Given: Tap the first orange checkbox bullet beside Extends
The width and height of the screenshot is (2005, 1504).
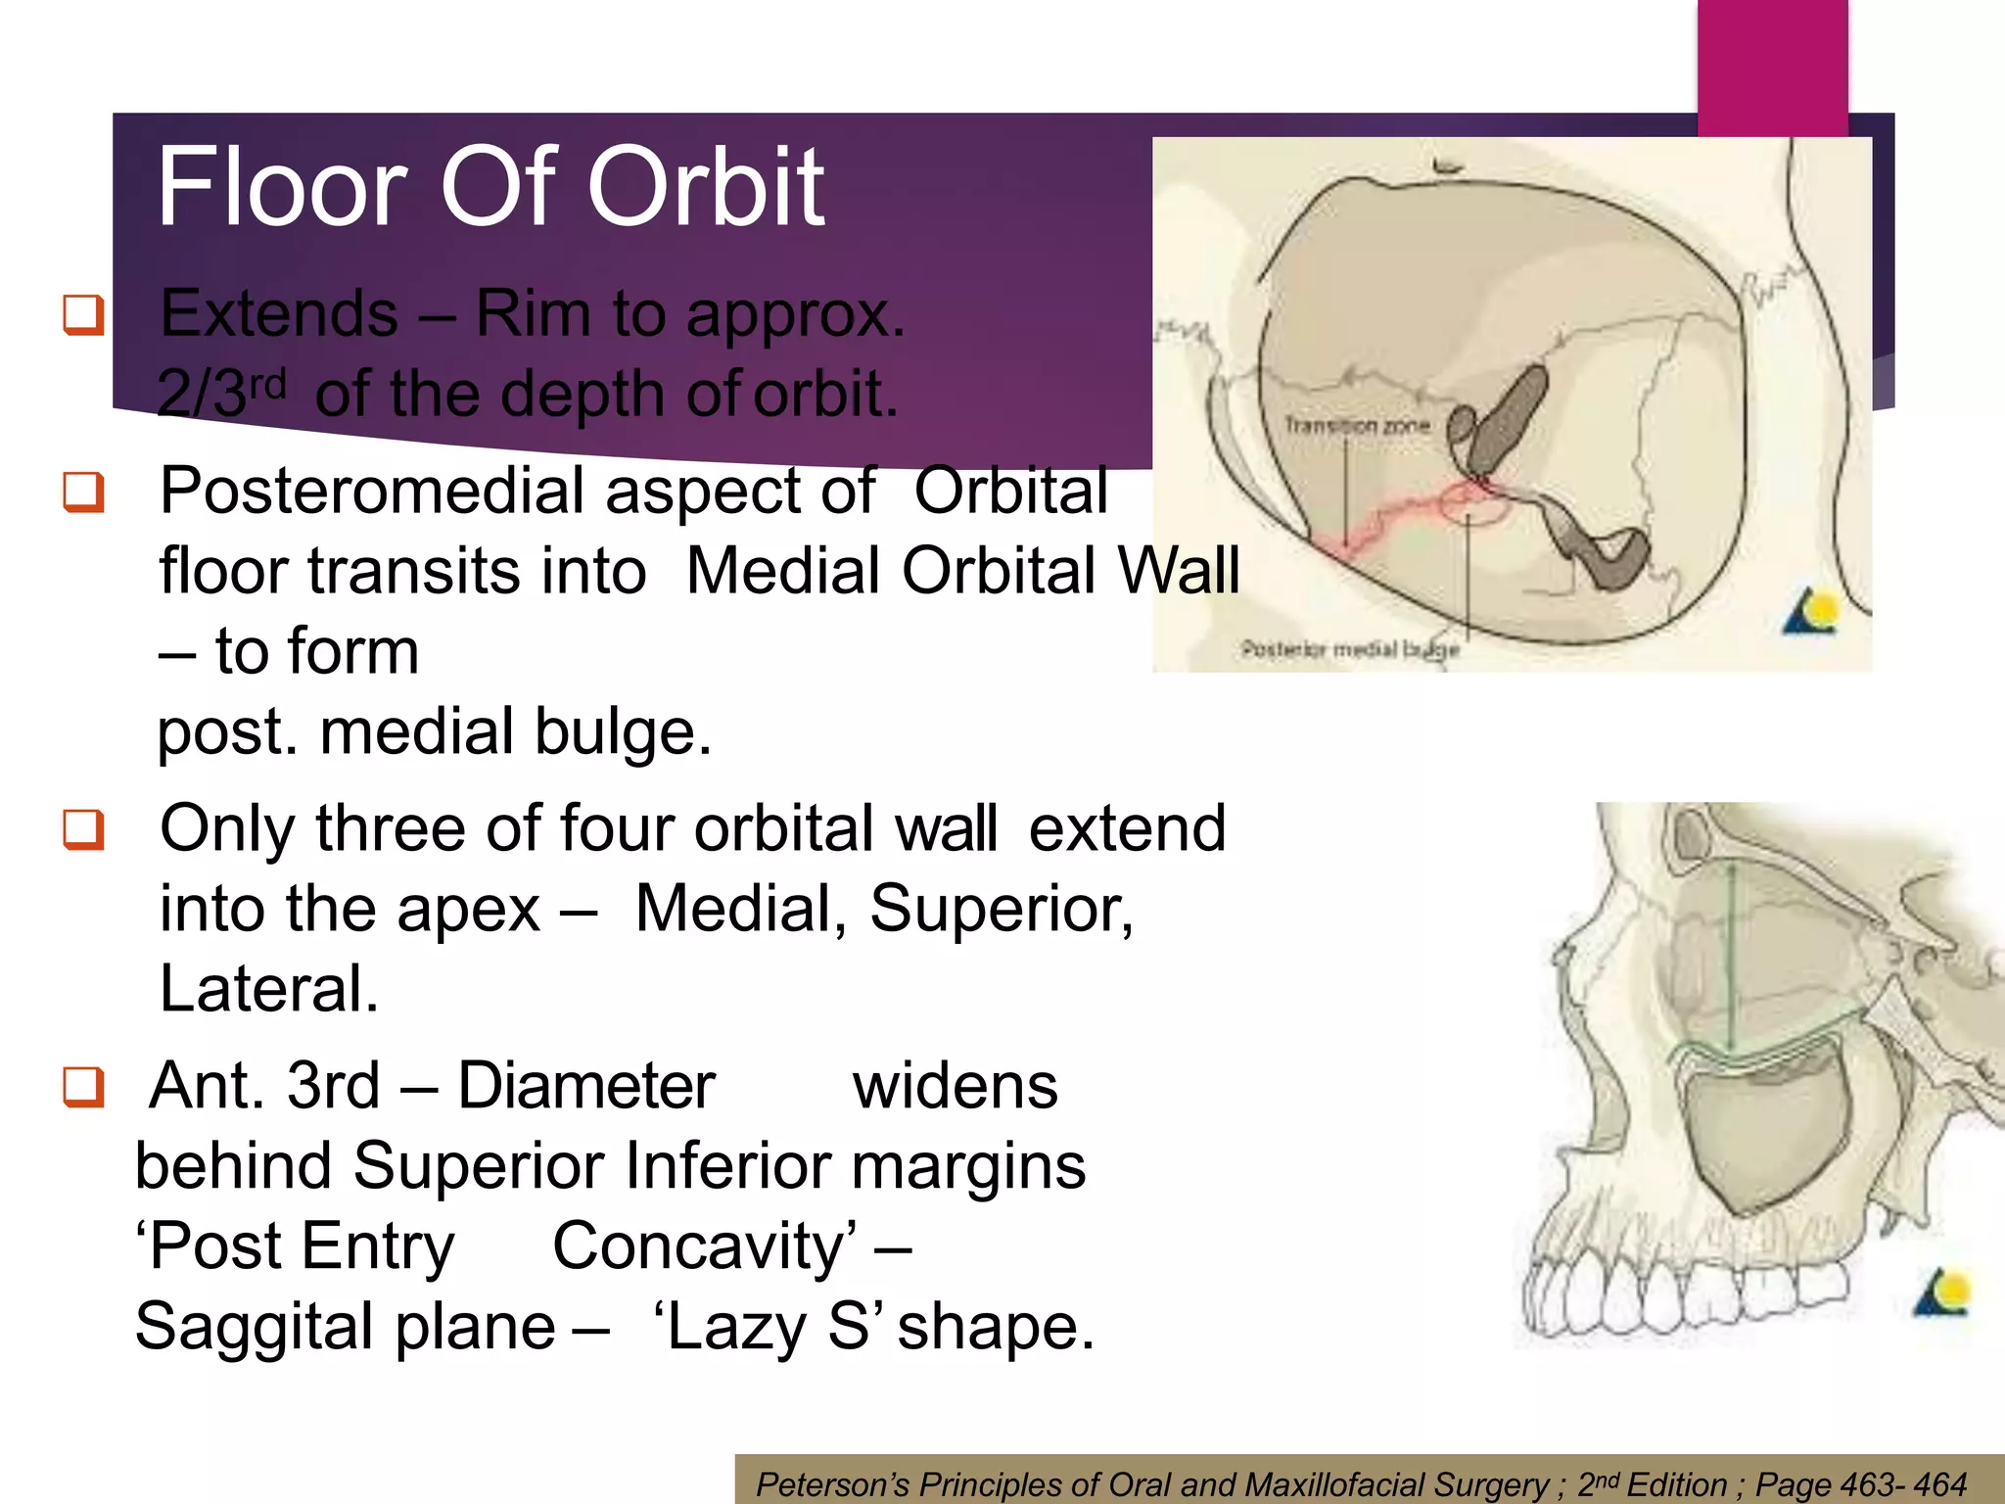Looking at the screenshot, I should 83,314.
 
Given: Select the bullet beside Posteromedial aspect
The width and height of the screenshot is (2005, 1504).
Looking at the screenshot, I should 83,491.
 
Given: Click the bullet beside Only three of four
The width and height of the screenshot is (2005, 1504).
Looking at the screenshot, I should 83,829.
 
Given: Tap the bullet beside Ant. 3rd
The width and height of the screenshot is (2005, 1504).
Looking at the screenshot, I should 83,1086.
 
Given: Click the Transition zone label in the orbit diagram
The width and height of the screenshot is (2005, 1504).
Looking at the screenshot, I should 1357,426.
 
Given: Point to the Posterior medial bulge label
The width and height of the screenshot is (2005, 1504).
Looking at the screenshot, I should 1349,649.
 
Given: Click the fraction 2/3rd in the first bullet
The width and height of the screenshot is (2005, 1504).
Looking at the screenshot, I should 221,394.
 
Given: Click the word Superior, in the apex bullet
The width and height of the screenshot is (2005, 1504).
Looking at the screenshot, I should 1001,909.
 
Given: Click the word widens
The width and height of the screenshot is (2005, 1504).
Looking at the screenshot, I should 955,1086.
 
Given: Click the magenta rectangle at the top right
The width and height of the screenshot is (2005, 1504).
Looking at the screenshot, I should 1772,64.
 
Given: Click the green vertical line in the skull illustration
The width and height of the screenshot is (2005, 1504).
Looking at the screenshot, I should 1731,969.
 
